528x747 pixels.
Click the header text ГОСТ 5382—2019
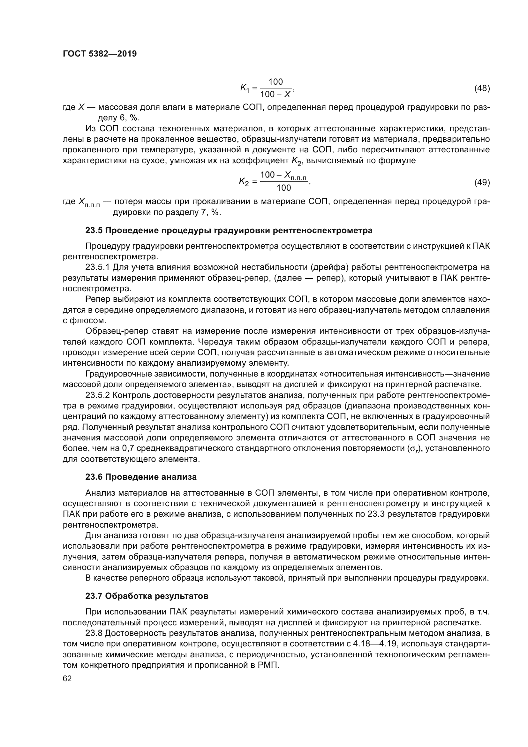pos(100,54)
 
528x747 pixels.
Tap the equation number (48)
pos(482,88)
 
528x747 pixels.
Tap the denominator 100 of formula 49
pos(283,188)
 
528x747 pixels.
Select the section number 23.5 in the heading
pos(94,230)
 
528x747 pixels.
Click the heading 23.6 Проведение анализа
pos(141,477)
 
